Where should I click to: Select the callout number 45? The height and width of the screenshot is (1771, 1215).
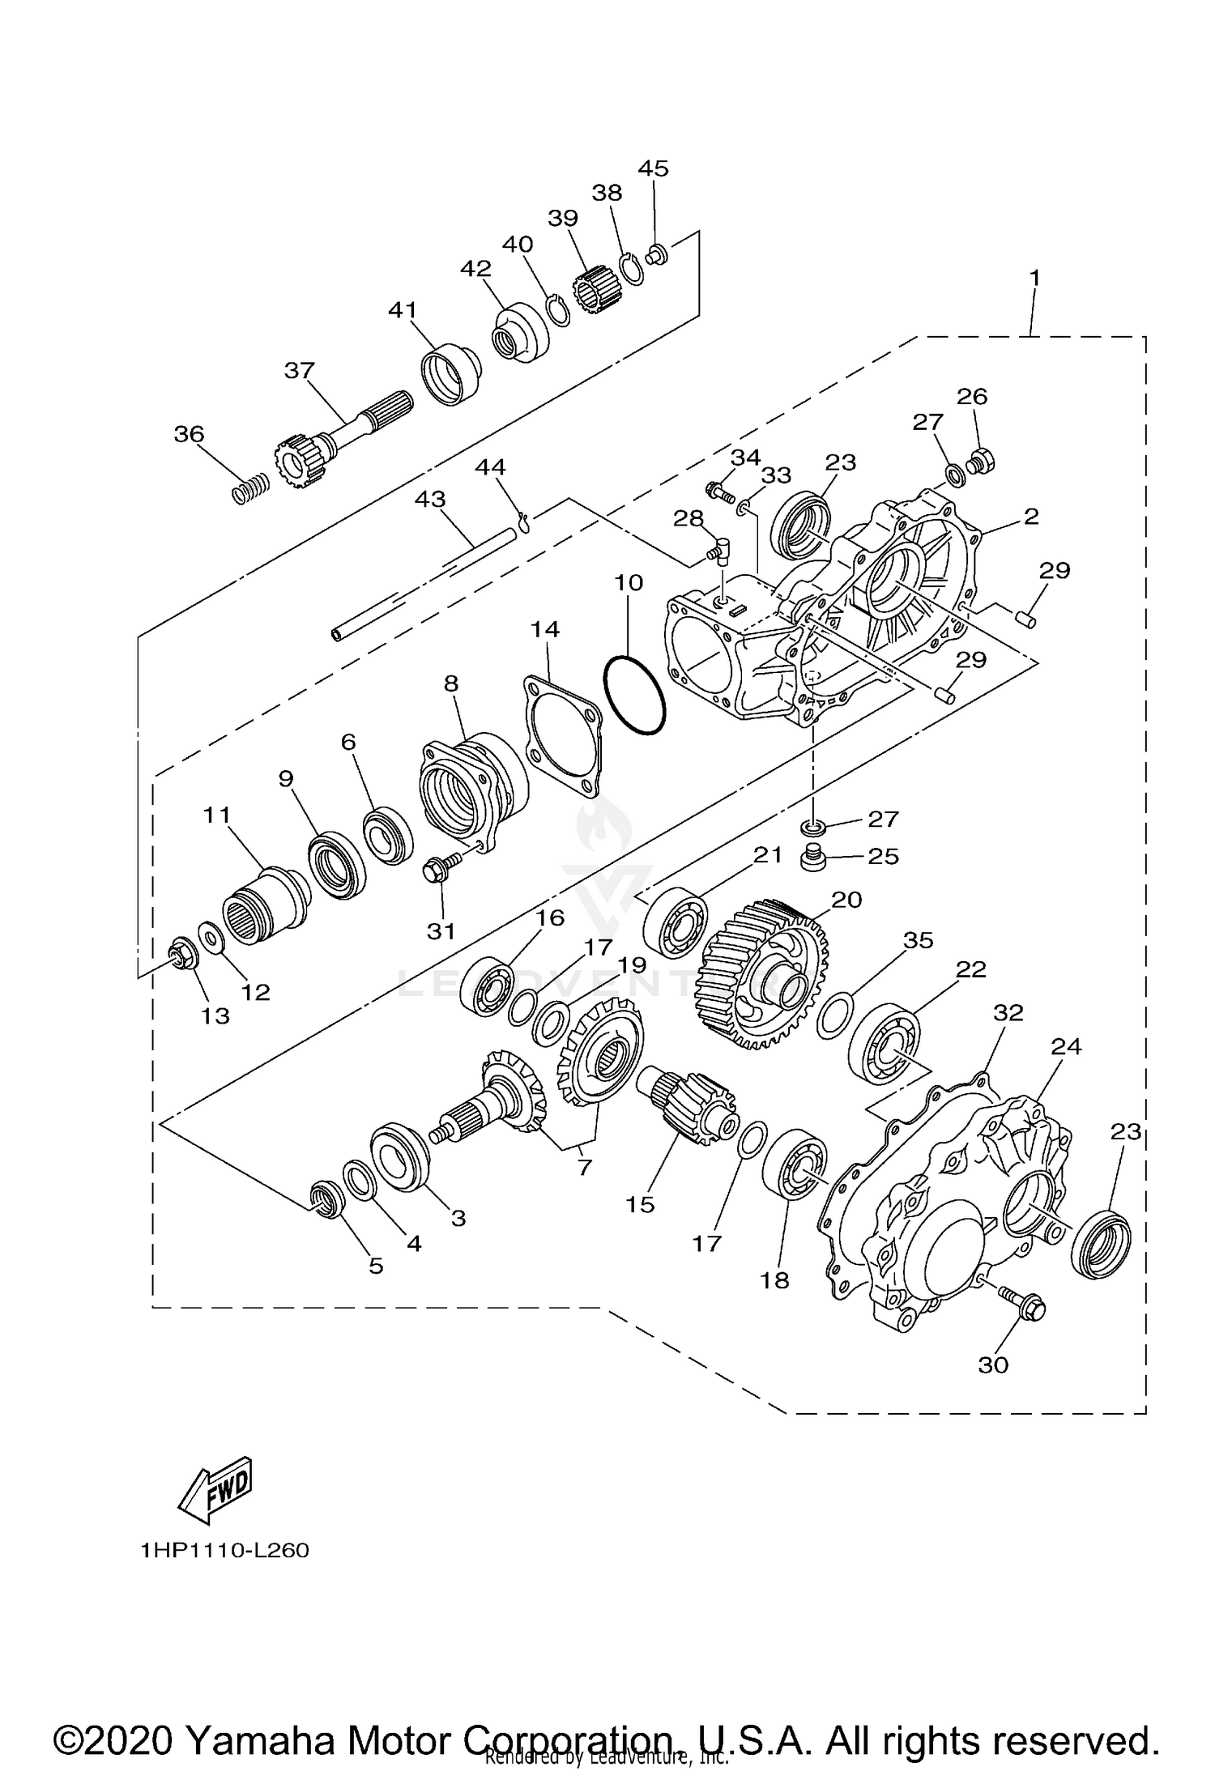click(653, 168)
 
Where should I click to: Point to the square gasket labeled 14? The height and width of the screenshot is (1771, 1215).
click(562, 737)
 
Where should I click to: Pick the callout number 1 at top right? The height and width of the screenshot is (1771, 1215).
click(1034, 278)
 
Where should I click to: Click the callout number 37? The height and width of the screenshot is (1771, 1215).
click(299, 370)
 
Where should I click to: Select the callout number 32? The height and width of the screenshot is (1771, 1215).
click(1008, 1013)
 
